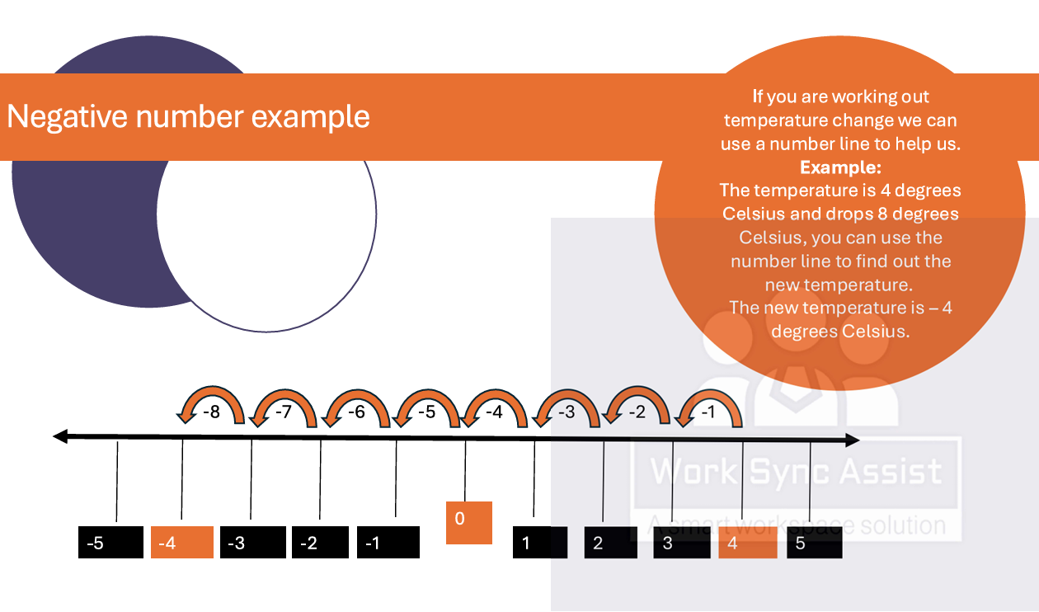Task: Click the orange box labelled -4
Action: [x=182, y=543]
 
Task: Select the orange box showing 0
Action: [x=469, y=522]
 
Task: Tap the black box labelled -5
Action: [x=110, y=543]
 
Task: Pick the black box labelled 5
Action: [x=814, y=543]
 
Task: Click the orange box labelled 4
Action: [x=747, y=543]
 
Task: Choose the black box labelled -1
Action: [x=388, y=543]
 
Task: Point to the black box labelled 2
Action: [x=611, y=543]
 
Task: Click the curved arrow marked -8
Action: [x=211, y=407]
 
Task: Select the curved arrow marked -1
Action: [x=709, y=407]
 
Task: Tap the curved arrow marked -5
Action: [x=426, y=407]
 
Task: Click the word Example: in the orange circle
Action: [x=840, y=167]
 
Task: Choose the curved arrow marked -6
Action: [x=356, y=407]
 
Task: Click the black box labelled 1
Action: [x=540, y=543]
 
